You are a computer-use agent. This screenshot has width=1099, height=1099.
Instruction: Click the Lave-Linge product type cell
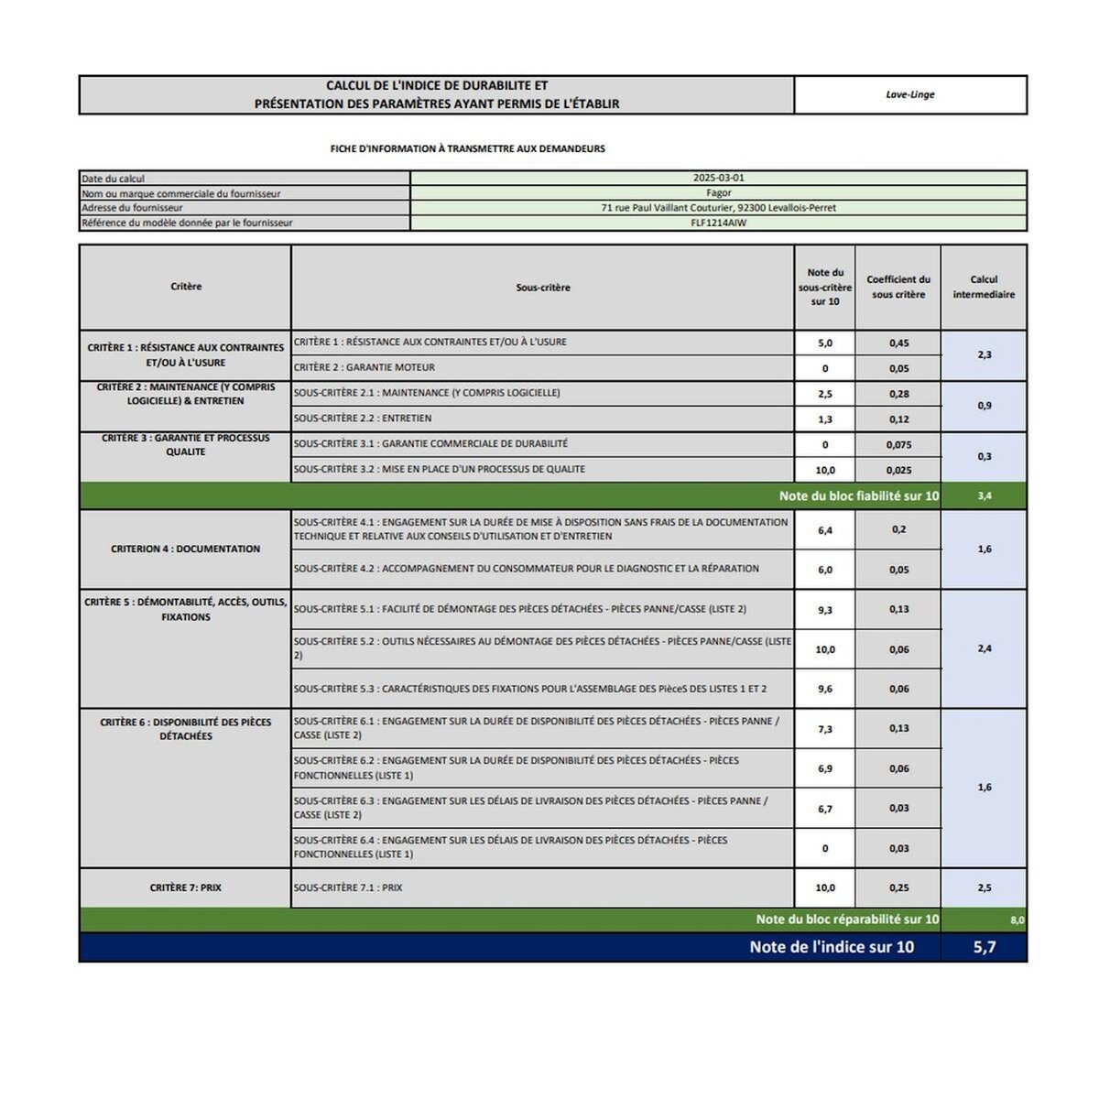909,94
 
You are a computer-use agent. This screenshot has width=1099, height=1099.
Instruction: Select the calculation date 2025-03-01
718,178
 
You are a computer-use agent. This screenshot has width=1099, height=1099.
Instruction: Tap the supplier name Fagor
718,193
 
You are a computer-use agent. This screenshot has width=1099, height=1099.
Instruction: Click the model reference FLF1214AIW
718,223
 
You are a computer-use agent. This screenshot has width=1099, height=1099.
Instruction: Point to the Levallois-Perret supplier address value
718,208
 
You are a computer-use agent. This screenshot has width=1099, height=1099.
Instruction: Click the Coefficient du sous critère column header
898,287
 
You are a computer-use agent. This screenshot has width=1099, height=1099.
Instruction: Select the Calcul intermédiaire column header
984,287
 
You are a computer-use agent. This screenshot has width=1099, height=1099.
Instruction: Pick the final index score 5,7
984,947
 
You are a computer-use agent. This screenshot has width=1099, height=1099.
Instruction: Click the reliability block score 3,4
984,495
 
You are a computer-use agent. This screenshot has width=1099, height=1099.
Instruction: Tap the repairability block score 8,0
1017,919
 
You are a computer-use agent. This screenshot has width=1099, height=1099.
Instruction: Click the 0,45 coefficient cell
898,343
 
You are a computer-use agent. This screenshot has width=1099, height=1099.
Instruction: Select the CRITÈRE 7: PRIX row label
185,887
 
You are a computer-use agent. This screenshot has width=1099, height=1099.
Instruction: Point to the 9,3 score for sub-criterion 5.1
824,609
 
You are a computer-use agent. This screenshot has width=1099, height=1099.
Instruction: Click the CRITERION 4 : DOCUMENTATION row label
185,549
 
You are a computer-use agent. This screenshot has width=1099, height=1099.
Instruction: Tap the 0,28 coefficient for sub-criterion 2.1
898,394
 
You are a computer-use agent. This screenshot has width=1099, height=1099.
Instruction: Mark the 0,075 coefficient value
898,445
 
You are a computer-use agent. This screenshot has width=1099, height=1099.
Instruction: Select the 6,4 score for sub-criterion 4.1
824,530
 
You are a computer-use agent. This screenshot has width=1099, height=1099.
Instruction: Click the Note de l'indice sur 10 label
831,947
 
